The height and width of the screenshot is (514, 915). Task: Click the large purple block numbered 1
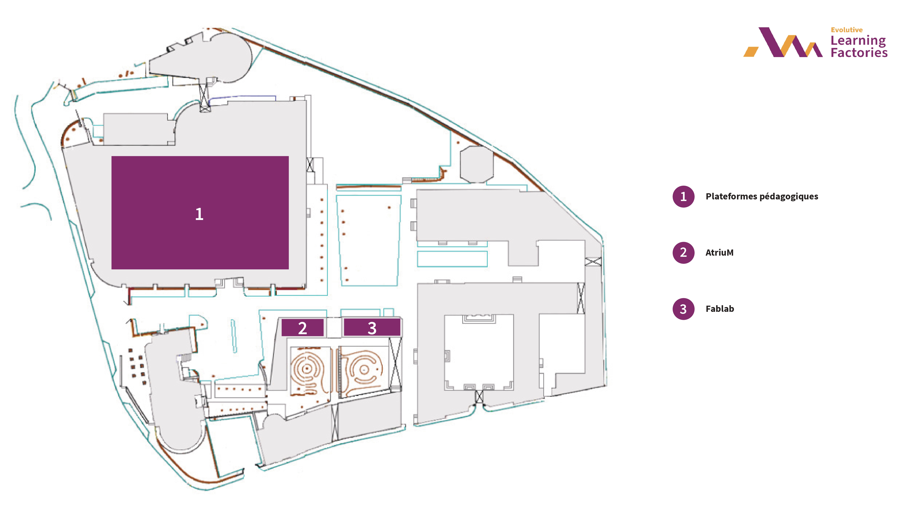pos(200,212)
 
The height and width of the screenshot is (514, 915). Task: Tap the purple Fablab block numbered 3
pos(372,327)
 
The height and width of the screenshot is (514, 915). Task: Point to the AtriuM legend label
pos(719,253)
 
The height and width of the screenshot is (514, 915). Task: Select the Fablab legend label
pos(720,309)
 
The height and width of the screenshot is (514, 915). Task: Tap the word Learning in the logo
pos(858,41)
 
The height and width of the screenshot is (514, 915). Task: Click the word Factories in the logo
pos(859,53)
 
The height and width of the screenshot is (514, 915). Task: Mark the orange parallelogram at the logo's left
pos(751,51)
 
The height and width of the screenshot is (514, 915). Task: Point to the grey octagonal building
pos(477,164)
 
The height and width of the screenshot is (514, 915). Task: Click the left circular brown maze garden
pos(308,371)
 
